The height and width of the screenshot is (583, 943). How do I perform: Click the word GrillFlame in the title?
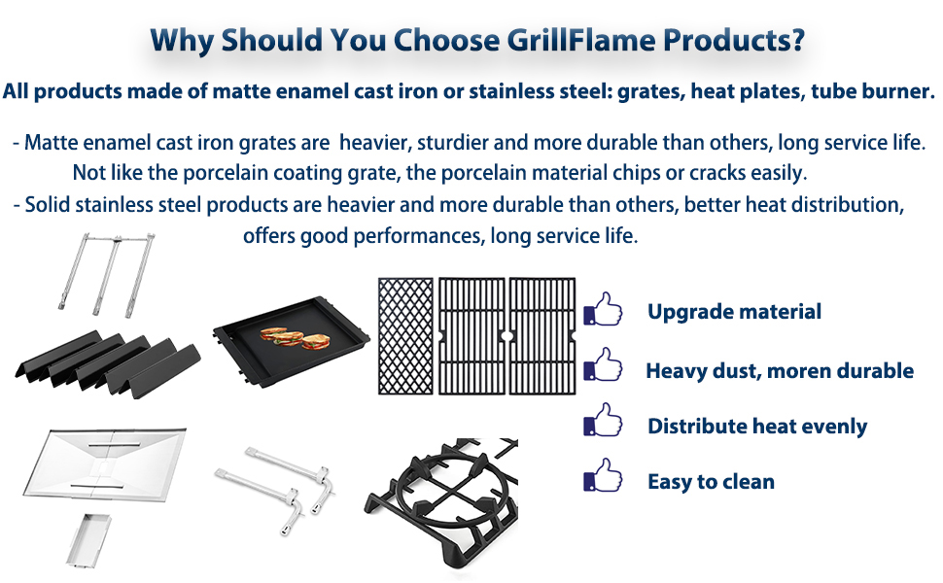(581, 40)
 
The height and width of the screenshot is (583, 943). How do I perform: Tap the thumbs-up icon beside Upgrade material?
(603, 310)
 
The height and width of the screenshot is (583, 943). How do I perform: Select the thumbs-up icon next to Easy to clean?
(603, 475)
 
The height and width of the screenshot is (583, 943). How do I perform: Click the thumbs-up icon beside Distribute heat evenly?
(603, 420)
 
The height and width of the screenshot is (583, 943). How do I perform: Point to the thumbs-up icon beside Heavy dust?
(603, 364)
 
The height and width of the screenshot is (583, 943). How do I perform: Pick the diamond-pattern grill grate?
(405, 335)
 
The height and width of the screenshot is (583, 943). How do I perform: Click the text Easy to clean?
(711, 481)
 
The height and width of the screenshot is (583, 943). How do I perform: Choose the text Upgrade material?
(734, 311)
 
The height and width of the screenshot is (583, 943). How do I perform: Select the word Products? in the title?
(734, 40)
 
